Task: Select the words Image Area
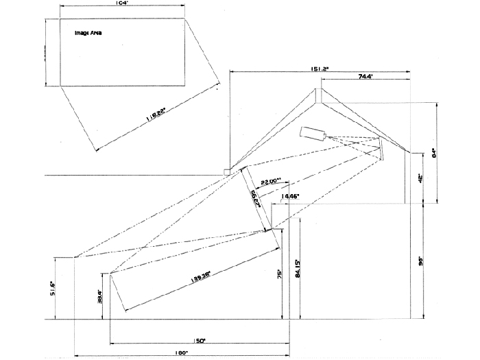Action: click(88, 33)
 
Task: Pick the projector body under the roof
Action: click(313, 133)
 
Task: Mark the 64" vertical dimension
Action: click(443, 154)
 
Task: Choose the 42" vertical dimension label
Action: click(419, 178)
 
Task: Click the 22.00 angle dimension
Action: click(272, 182)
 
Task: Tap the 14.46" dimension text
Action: click(290, 196)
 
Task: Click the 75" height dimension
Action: click(280, 274)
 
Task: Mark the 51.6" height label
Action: click(62, 288)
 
